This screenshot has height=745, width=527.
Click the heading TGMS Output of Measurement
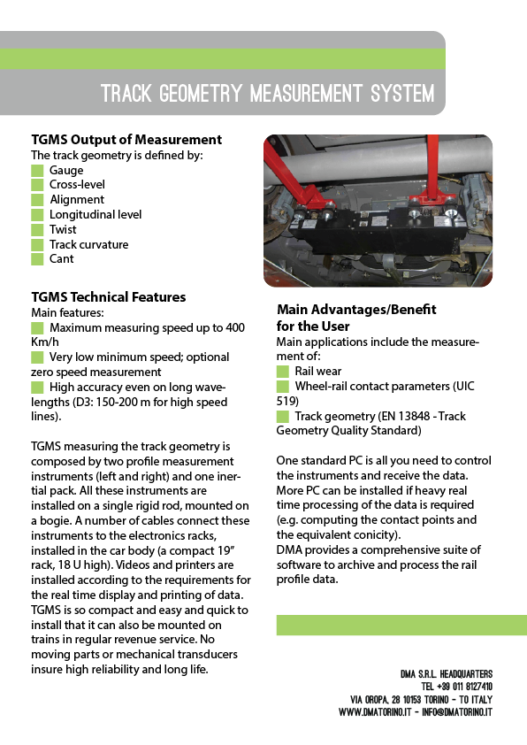(x=126, y=140)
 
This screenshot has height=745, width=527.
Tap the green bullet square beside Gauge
(x=37, y=170)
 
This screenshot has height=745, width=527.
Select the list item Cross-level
(x=77, y=185)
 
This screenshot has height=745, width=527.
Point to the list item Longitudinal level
(x=95, y=214)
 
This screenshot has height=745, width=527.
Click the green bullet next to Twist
(x=37, y=229)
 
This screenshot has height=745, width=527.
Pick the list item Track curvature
(x=88, y=244)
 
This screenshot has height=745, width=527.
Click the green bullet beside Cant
(x=37, y=259)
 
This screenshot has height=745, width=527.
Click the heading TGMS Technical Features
(x=109, y=296)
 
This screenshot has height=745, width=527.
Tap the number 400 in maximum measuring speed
(x=234, y=327)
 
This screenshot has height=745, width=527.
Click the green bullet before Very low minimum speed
(x=37, y=357)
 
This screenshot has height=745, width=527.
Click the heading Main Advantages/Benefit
(x=356, y=310)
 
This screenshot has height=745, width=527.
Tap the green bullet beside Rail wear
(x=283, y=372)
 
